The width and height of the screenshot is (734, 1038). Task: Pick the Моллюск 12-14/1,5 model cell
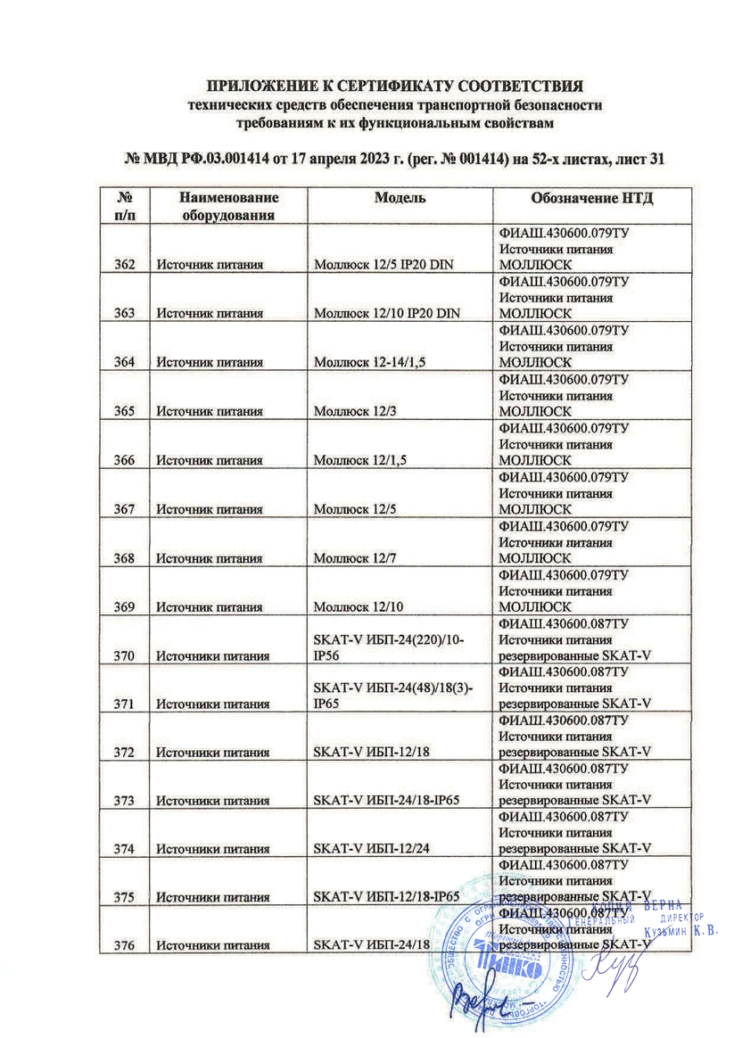[369, 362]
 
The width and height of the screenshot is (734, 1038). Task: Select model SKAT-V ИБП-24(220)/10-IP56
[388, 648]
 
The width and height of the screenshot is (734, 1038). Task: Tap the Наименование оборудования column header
[228, 206]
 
